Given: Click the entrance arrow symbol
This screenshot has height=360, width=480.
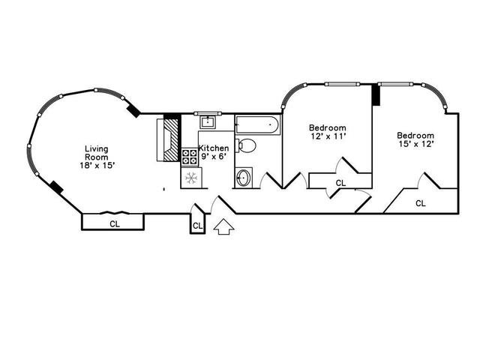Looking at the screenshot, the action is coord(223,226).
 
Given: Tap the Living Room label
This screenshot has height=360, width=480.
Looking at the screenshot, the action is coord(97,153).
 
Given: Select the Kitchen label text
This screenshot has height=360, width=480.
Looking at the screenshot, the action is coord(214,148).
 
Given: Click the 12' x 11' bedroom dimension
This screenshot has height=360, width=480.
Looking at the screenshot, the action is coord(328,136).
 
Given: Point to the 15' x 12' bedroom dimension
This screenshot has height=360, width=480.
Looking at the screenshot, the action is coord(416,144).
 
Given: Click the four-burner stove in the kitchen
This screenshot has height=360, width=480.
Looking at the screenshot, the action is coord(190,157).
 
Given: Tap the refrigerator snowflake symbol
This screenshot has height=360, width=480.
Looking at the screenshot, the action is coord(191,178).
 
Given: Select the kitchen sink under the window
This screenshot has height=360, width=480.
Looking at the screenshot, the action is coord(208,122).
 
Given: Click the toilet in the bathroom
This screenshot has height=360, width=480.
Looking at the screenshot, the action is coord(245,145).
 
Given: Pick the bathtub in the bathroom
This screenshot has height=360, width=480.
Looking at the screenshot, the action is coord(257,124).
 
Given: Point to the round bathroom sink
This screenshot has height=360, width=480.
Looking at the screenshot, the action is coord(243,178).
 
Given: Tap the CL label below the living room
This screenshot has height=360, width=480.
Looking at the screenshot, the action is coord(115,224).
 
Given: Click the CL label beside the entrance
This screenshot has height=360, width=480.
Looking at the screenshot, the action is coord(197,226).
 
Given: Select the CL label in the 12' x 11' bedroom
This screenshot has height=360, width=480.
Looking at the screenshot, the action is coord(340,183).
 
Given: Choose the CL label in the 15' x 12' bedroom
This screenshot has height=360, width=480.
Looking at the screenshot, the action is coord(421,203).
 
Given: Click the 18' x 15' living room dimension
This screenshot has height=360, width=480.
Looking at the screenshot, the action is coord(97,165).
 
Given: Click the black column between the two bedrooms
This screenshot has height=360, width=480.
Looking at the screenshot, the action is coord(376,95).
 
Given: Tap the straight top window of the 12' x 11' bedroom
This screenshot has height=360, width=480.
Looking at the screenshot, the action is coord(342,84).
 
